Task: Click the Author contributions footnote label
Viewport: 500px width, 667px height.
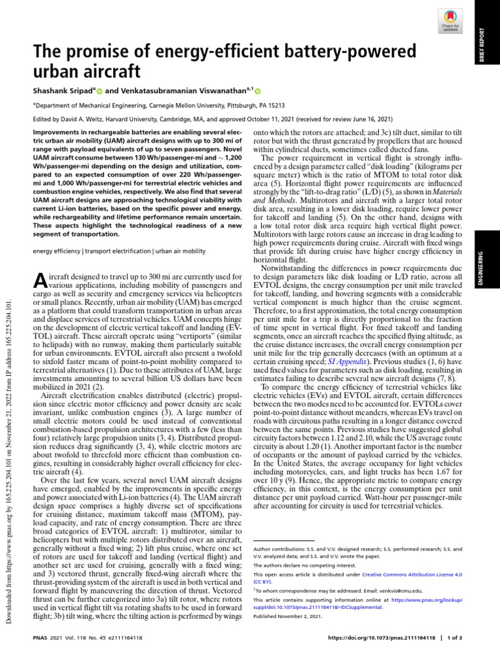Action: pyautogui.click(x=277, y=548)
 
